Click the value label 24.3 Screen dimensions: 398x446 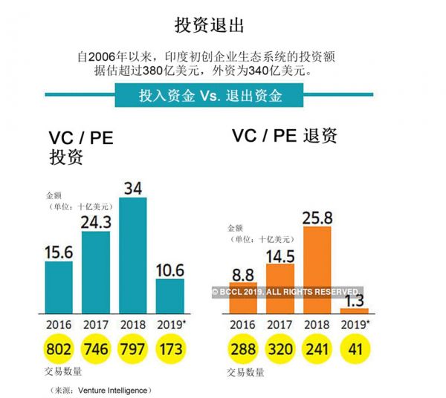click(97, 222)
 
